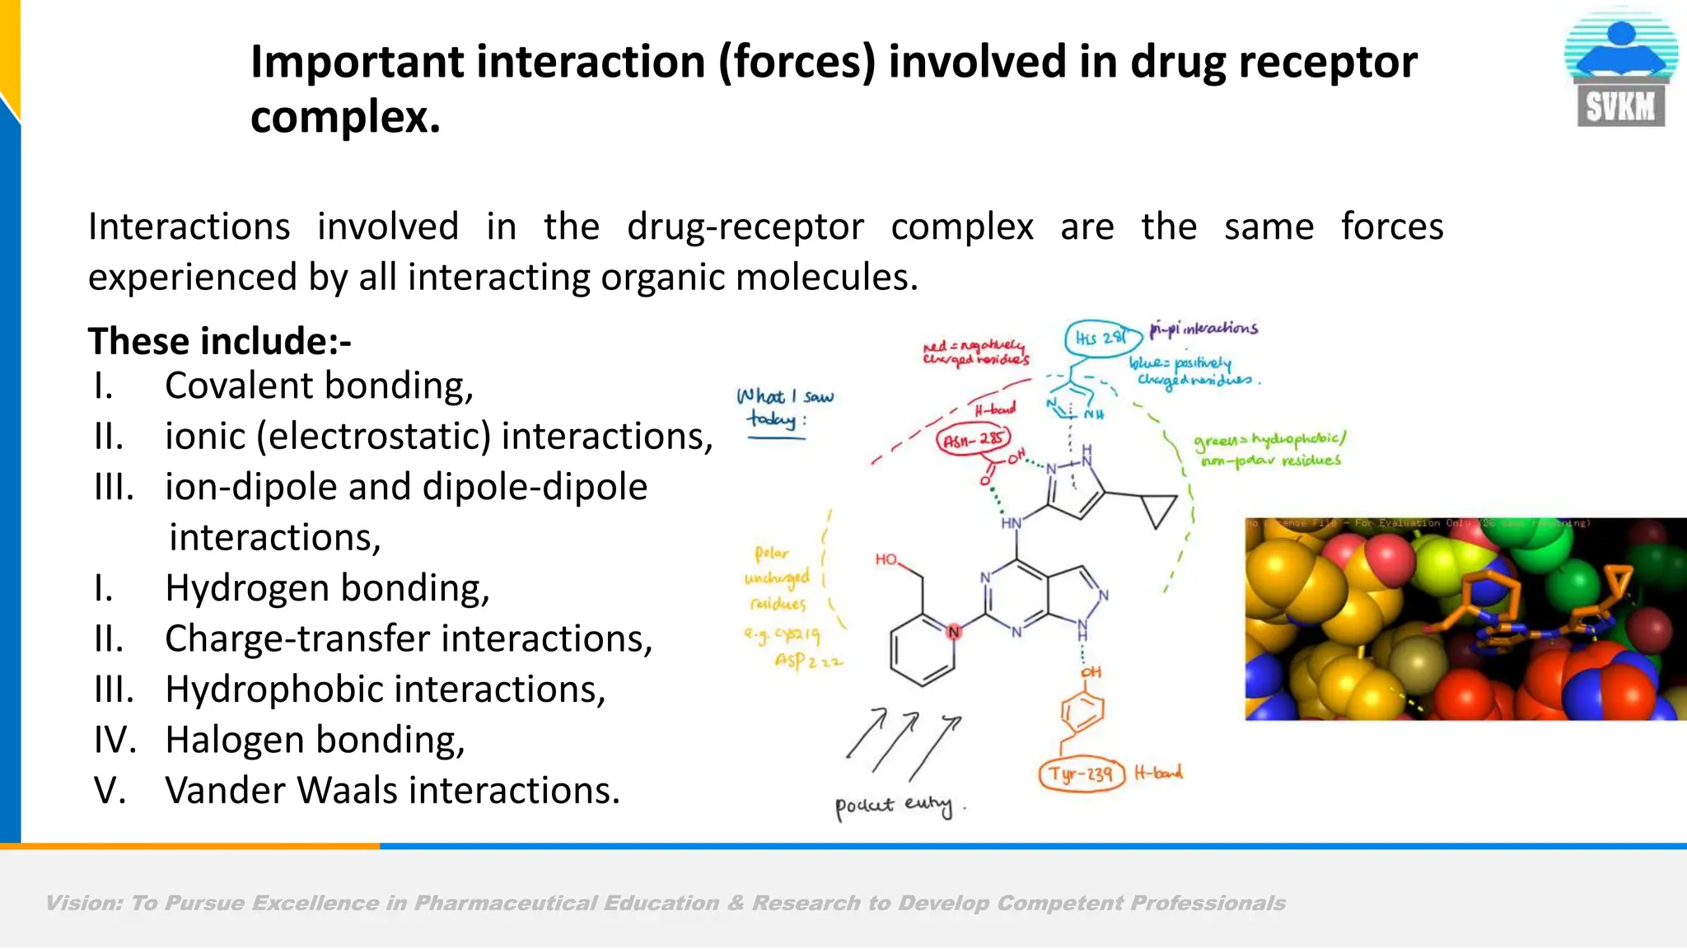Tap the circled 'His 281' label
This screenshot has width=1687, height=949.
1101,338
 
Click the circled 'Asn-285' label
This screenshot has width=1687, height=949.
973,440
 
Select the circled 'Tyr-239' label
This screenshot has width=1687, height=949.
1081,774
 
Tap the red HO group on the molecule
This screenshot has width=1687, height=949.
886,560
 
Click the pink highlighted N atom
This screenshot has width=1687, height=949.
954,632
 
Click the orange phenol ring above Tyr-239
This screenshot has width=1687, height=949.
1083,711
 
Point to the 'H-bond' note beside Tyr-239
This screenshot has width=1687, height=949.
1158,773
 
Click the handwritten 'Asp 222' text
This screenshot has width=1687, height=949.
808,661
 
